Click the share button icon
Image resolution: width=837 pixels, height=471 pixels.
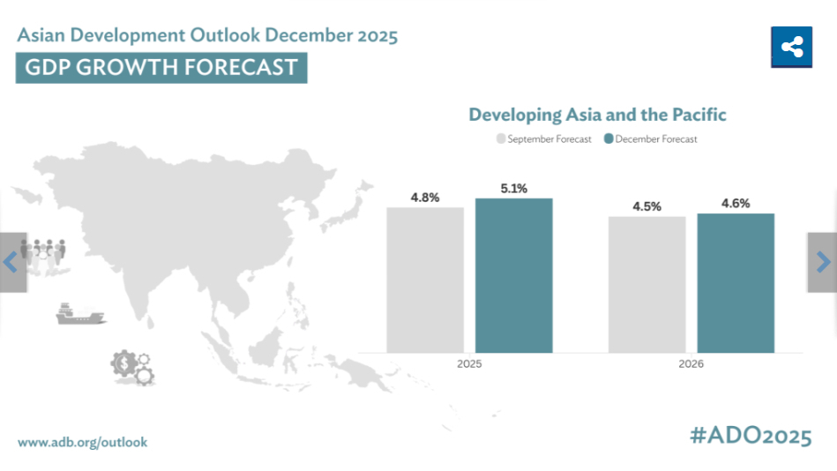point(791,48)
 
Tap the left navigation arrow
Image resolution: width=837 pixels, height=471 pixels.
point(11,262)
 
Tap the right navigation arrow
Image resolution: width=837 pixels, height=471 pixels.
point(823,262)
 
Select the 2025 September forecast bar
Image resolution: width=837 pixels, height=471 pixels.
point(425,280)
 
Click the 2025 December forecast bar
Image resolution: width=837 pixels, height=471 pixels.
point(513,275)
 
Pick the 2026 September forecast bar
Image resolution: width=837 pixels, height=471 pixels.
point(646,284)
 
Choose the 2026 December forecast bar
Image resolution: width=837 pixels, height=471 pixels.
point(736,282)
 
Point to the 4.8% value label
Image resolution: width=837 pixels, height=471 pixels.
point(425,198)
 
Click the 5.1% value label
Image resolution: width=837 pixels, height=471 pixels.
point(513,188)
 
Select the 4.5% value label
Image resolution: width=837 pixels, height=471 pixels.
point(646,206)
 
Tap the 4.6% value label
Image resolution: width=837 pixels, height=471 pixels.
point(736,203)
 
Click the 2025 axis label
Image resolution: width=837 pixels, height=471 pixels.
point(469,363)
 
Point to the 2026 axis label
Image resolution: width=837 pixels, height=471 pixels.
point(691,363)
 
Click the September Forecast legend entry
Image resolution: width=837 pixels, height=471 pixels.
point(544,139)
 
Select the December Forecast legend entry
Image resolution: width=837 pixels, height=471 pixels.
point(651,139)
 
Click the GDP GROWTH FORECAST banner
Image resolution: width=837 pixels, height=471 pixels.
point(161,68)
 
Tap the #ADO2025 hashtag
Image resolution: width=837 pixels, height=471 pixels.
point(750,436)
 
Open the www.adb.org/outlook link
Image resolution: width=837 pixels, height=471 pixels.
point(83,442)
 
